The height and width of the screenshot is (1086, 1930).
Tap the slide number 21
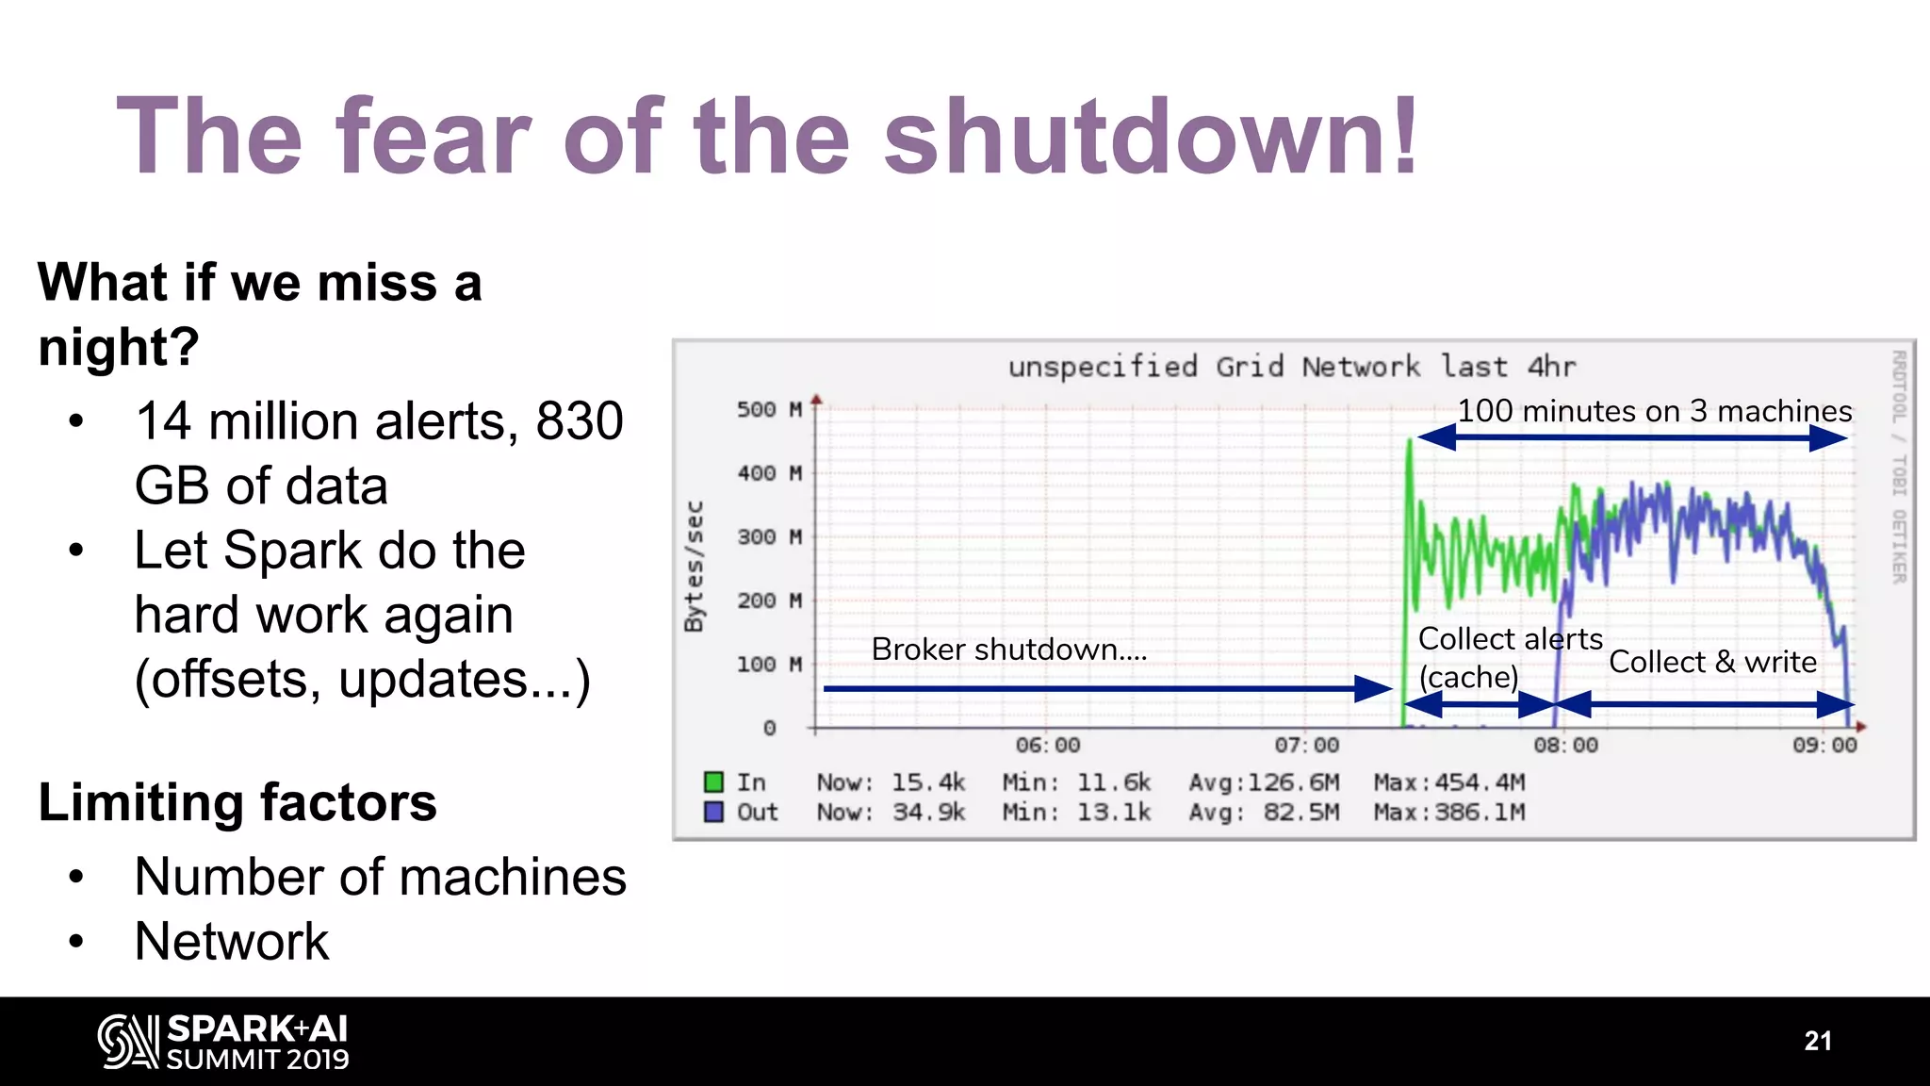point(1818,1041)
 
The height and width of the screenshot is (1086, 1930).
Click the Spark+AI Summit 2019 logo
point(223,1042)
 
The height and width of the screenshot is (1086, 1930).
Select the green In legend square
point(713,782)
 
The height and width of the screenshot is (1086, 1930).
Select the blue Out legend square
point(713,812)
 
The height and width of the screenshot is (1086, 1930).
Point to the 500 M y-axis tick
point(769,410)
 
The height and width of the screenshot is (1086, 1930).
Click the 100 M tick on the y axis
point(769,665)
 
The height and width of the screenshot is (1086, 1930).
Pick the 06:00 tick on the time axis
point(1047,746)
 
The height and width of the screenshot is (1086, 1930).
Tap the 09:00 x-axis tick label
point(1824,746)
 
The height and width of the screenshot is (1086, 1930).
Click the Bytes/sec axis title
point(695,566)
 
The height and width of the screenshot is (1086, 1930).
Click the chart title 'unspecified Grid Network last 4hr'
point(1291,367)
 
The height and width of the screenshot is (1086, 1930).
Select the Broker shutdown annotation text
point(1008,650)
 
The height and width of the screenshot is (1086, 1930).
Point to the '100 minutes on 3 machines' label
point(1654,411)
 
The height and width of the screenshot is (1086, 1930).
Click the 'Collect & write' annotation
point(1712,662)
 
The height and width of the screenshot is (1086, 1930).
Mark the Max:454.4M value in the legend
point(1448,782)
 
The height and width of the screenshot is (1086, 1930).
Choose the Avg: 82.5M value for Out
point(1263,813)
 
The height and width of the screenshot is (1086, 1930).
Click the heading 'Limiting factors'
point(237,802)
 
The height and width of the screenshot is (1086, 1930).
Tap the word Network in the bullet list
point(232,941)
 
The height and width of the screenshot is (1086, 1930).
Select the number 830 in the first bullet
point(580,421)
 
